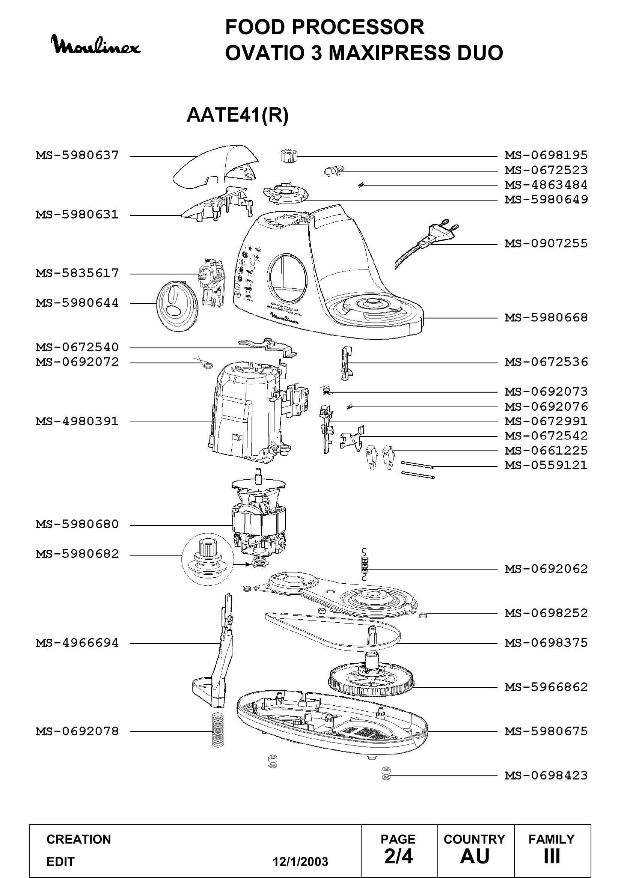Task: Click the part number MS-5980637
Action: point(78,155)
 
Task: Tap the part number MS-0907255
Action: point(546,243)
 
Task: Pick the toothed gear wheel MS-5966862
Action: point(371,682)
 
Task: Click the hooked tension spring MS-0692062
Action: point(365,565)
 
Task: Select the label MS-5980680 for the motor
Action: point(78,524)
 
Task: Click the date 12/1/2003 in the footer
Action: point(300,859)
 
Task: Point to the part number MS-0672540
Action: point(78,347)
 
